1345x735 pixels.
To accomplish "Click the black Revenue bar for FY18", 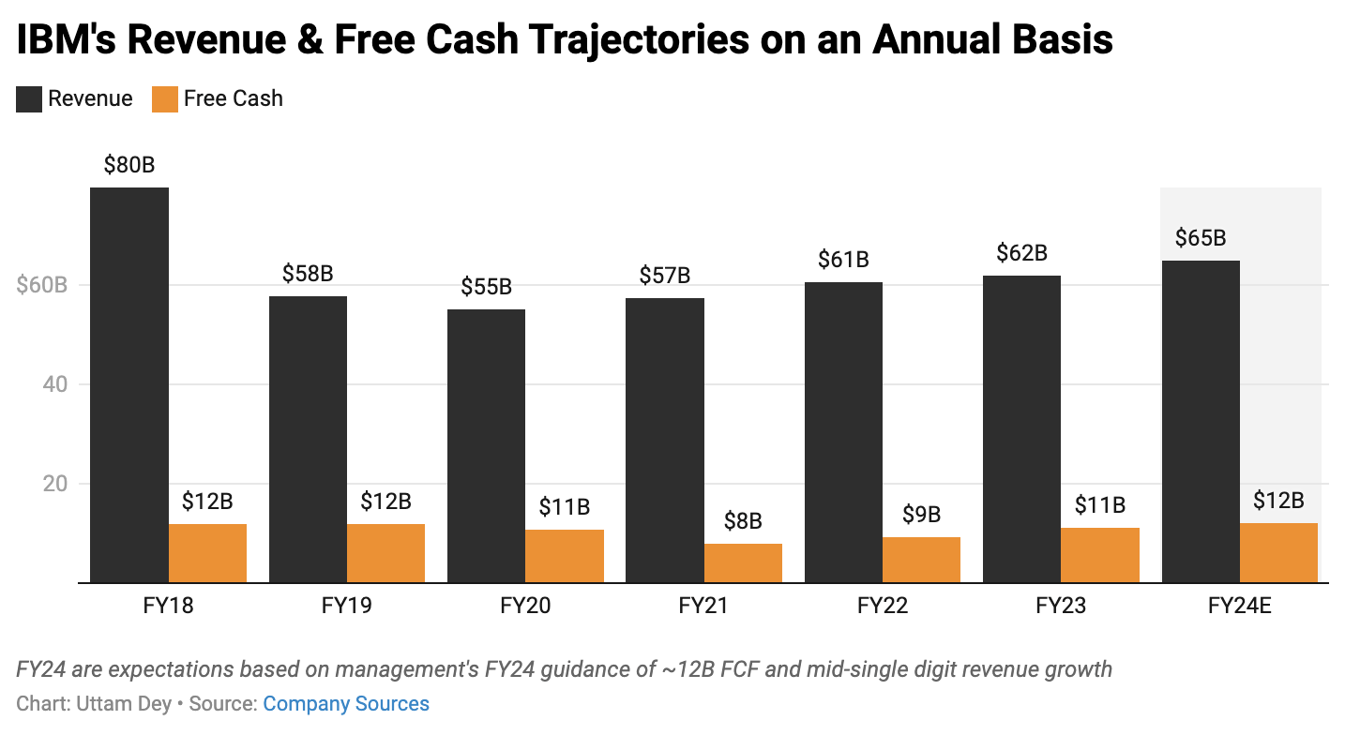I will pos(129,384).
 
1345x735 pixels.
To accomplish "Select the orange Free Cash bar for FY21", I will pos(743,563).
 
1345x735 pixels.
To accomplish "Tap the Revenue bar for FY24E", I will pos(1201,422).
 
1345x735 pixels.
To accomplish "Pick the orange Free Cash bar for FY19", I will pos(385,553).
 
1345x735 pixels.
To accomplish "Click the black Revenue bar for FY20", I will pos(486,445).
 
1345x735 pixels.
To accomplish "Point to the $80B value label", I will pos(129,166).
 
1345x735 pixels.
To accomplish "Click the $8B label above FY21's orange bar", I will pos(743,521).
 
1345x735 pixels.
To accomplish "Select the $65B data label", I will pos(1201,238).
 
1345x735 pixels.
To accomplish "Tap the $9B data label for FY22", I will pos(921,515).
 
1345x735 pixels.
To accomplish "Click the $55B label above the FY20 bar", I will pos(486,287).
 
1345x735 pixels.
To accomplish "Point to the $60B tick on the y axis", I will pos(42,285).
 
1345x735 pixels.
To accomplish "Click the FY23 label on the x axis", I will pos(1061,606).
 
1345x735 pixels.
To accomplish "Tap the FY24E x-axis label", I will pos(1239,606).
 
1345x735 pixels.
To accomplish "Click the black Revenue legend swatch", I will pos(29,99).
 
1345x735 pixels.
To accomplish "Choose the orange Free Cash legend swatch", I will pos(165,99).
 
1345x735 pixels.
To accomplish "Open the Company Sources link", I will pos(345,704).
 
